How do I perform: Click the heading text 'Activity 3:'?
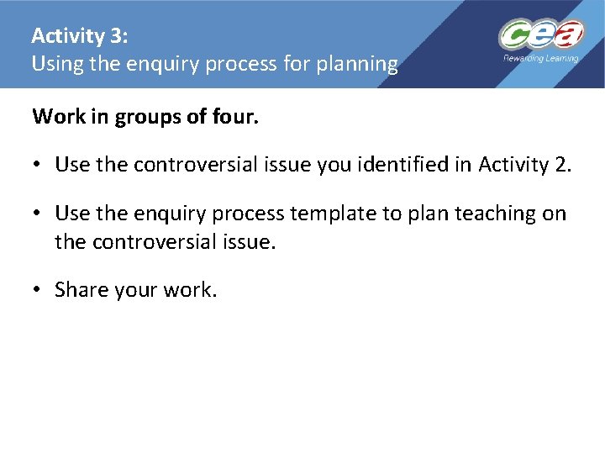[x=80, y=36]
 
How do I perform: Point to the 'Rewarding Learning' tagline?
[x=540, y=59]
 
